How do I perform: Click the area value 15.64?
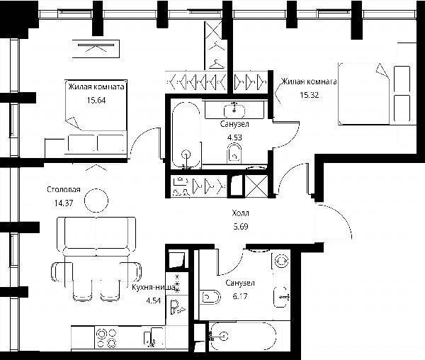tap(96, 101)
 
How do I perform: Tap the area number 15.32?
tap(309, 95)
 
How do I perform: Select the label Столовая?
tap(64, 189)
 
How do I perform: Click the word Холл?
tap(240, 213)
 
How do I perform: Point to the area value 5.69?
tap(241, 226)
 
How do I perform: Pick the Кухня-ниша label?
tap(154, 288)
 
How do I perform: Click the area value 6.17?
tap(240, 296)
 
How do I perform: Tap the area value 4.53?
tap(234, 137)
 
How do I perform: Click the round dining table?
tap(96, 201)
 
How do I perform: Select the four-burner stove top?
tap(107, 338)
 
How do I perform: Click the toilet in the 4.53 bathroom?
tap(234, 153)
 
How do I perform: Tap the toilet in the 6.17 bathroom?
tap(210, 297)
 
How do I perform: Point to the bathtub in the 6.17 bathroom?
tap(243, 337)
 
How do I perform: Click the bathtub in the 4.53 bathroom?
tap(186, 135)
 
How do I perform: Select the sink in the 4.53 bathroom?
tap(234, 111)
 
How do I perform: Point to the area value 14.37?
tap(64, 203)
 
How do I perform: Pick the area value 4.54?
tap(154, 300)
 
